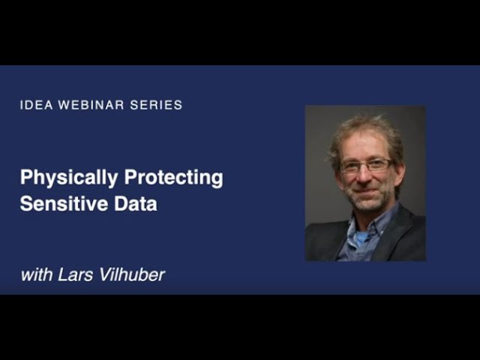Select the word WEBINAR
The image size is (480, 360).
(91, 105)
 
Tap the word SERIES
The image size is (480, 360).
(156, 105)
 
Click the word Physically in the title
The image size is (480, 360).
(69, 178)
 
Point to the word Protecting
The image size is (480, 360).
(173, 178)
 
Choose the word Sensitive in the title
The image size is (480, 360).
(64, 203)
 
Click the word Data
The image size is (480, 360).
(136, 204)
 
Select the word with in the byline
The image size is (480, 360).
(37, 274)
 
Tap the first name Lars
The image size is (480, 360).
(75, 274)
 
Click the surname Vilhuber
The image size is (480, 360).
(132, 274)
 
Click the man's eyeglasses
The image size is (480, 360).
(367, 165)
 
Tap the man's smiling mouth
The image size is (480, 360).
(367, 192)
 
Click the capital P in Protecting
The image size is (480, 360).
(130, 177)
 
